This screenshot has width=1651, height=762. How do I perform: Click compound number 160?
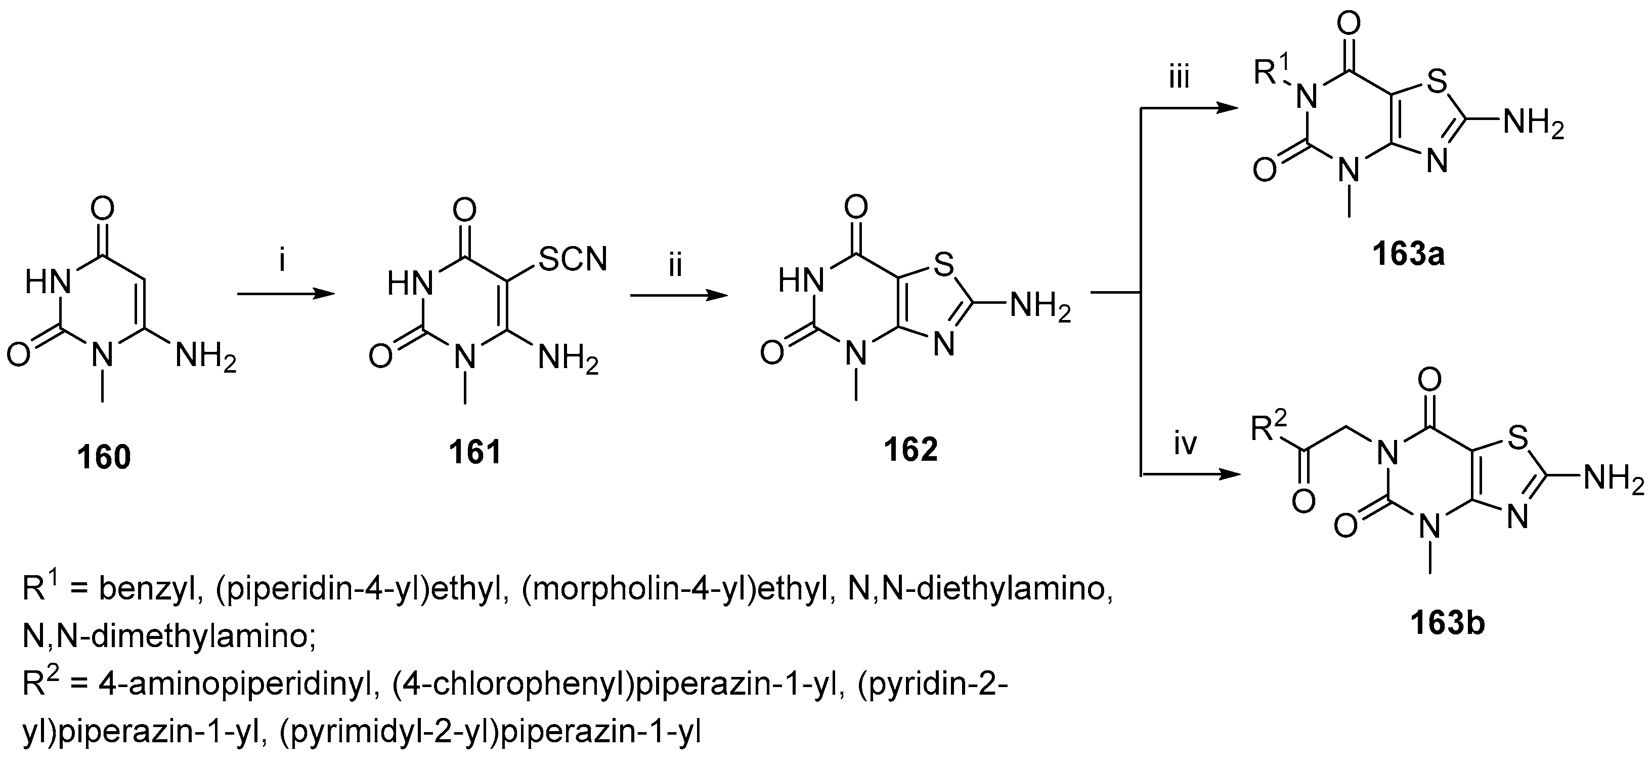(x=104, y=457)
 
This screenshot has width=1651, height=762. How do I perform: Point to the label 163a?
(x=1408, y=255)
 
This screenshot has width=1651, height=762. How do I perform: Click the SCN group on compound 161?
(x=573, y=260)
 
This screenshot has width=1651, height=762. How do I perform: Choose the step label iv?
(x=1185, y=444)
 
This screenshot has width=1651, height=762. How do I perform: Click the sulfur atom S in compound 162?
(x=944, y=264)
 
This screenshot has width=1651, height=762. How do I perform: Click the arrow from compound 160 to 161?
(x=286, y=294)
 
